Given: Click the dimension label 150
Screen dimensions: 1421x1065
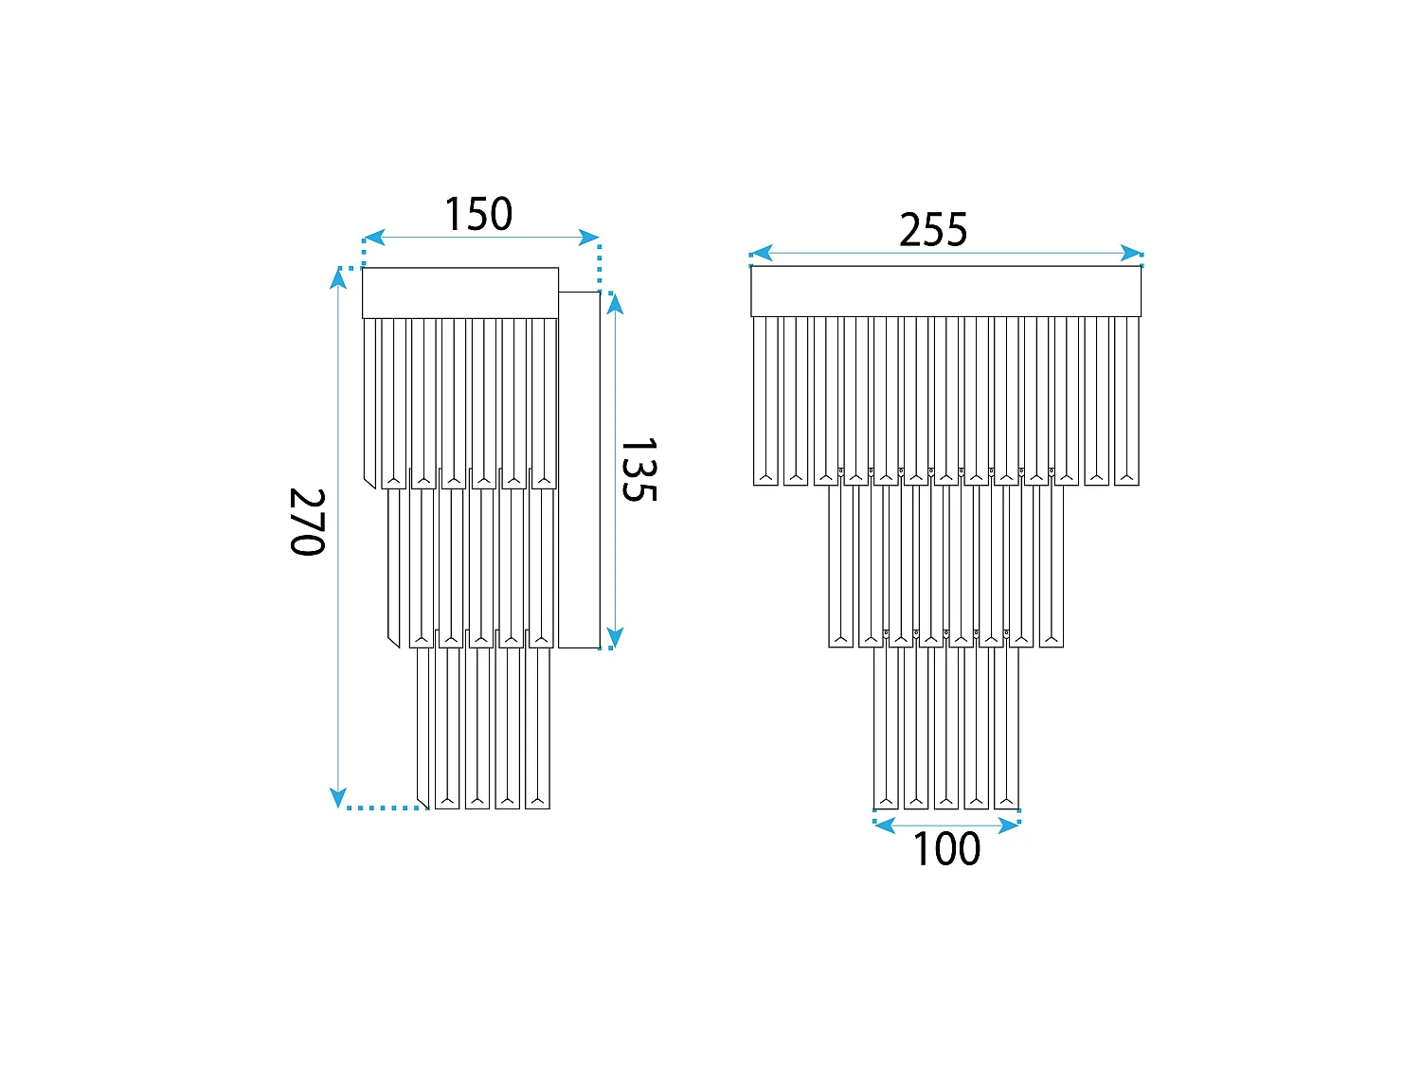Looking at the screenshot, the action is [x=477, y=214].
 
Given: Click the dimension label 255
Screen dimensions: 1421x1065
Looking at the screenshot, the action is [x=933, y=229].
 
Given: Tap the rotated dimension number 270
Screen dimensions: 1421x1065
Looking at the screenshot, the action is [x=307, y=522].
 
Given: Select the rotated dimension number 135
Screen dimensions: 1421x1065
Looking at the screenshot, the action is [x=639, y=470].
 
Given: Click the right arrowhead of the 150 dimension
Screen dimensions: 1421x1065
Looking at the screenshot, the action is [x=588, y=238].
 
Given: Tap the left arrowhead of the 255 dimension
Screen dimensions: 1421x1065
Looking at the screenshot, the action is [x=762, y=253].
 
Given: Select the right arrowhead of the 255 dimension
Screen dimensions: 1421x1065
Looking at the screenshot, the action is [x=1131, y=253].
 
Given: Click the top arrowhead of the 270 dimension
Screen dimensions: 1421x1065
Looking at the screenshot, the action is [x=338, y=278].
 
